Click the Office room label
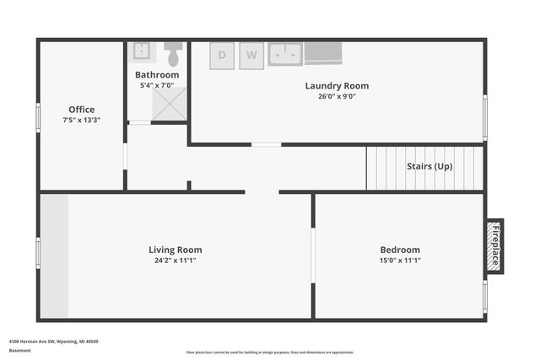(82, 110)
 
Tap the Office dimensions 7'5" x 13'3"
(82, 121)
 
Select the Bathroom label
(157, 75)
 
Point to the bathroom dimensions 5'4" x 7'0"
(157, 85)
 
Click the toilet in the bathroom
(174, 54)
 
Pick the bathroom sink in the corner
(142, 52)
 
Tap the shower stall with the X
(170, 106)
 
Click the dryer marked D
(222, 55)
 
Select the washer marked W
(251, 55)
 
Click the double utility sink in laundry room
(285, 54)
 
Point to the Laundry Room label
(337, 86)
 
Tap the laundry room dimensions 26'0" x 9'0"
(337, 96)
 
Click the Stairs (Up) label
(429, 166)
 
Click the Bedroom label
(400, 250)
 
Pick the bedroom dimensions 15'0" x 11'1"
(400, 261)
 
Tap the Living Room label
(175, 250)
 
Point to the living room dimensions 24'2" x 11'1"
(175, 261)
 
